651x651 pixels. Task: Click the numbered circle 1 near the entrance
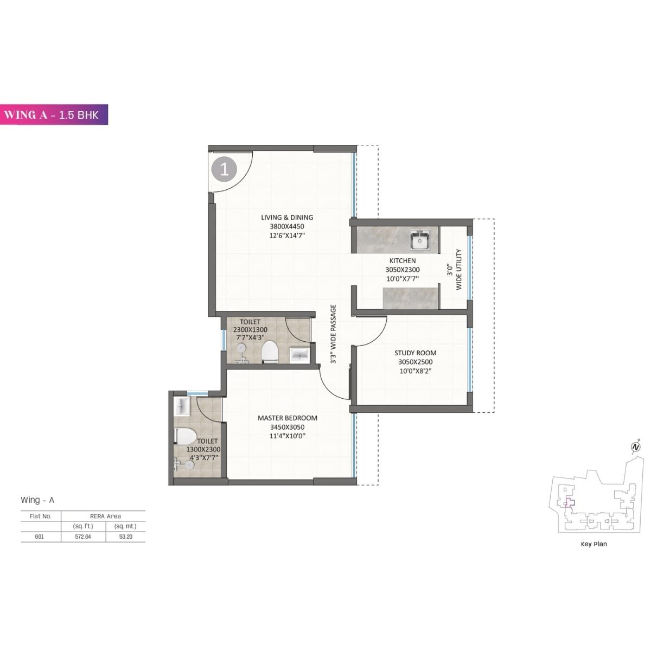224,169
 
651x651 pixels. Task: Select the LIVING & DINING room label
287,218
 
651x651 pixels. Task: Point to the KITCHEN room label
402,261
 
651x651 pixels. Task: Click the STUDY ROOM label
415,353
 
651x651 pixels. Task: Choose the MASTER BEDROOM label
287,418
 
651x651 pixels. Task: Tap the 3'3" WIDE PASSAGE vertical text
333,334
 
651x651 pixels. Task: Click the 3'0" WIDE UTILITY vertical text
454,270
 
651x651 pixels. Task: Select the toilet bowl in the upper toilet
270,352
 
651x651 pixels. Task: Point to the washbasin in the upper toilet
299,355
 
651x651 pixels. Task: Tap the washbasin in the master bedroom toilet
181,406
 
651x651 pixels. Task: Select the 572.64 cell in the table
83,537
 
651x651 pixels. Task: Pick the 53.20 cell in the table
125,537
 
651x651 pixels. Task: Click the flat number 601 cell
40,537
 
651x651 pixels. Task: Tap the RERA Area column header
105,516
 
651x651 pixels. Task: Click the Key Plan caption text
593,544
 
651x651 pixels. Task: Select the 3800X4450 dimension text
287,227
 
